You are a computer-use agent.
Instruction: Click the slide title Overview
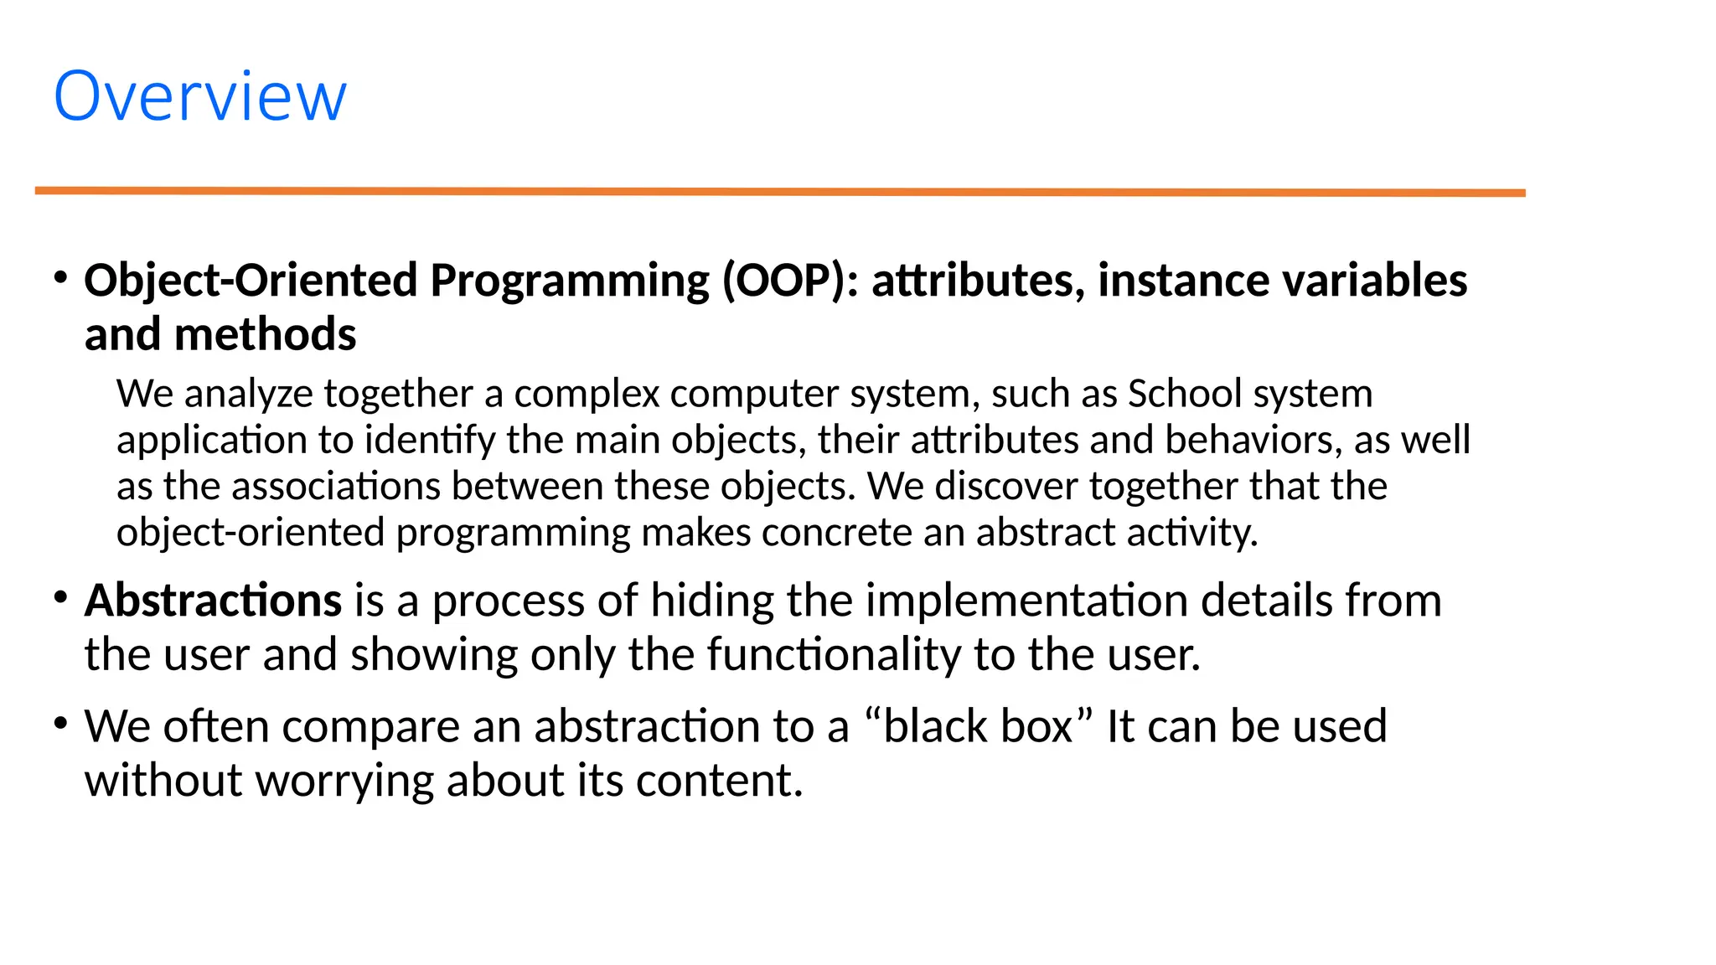pos(199,96)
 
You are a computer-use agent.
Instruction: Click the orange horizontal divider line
pos(779,192)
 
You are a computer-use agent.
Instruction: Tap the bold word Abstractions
pos(213,601)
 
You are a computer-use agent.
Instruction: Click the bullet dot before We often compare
pos(60,723)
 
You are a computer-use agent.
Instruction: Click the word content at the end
pos(719,781)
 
